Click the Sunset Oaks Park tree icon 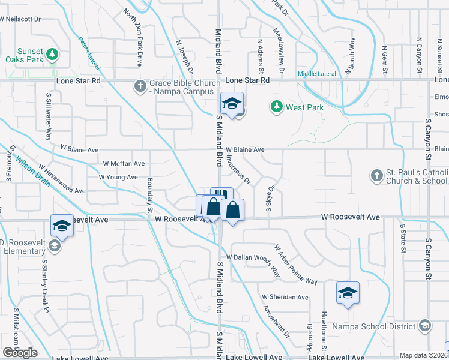click(x=53, y=55)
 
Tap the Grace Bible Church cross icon click(x=140, y=86)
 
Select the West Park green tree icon click(x=277, y=107)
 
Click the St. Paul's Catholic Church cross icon click(x=376, y=176)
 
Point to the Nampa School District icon click(x=425, y=326)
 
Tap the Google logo click(x=20, y=353)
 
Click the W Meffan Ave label click(x=124, y=163)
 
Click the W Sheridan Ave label click(x=285, y=297)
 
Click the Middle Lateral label click(x=317, y=74)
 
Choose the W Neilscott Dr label click(x=20, y=19)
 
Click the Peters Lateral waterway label click(x=89, y=52)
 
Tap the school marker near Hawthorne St click(x=348, y=293)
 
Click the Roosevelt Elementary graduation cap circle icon click(x=54, y=245)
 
